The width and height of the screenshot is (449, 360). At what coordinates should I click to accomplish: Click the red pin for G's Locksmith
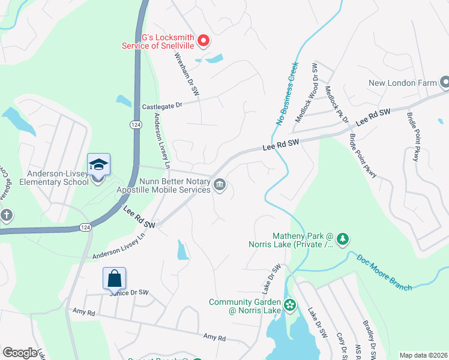[203, 40]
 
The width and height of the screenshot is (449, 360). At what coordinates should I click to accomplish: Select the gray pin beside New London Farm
[444, 82]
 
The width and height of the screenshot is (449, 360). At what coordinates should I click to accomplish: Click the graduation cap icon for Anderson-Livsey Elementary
[98, 164]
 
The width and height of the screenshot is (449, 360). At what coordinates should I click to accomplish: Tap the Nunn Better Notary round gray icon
[220, 184]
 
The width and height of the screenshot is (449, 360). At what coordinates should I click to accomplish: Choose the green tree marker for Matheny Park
[343, 239]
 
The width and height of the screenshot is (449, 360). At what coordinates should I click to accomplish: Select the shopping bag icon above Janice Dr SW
[114, 278]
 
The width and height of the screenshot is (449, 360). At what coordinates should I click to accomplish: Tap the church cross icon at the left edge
[6, 215]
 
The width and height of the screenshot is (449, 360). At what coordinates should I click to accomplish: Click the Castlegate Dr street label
[161, 106]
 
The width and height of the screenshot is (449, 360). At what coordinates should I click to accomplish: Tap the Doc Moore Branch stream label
[384, 273]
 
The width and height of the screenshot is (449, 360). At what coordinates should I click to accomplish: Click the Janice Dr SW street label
[128, 292]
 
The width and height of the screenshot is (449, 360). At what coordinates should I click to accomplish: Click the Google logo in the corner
[20, 353]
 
